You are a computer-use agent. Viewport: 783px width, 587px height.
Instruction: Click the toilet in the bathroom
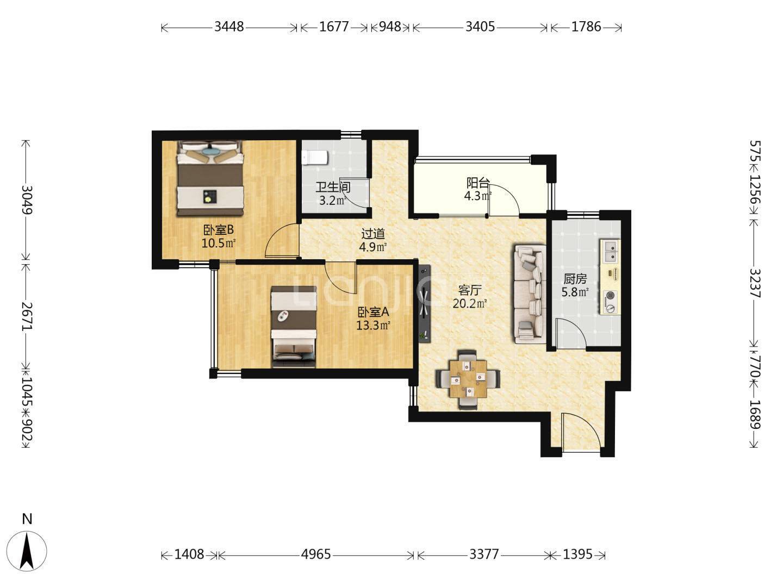[x=314, y=158]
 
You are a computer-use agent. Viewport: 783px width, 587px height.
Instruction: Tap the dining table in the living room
[x=468, y=379]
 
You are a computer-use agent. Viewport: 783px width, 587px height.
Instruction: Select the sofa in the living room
[x=530, y=293]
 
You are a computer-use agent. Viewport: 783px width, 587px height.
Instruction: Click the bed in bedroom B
[x=210, y=178]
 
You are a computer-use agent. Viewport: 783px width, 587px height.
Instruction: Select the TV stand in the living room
[x=424, y=304]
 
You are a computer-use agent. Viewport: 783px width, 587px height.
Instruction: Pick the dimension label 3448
[x=229, y=27]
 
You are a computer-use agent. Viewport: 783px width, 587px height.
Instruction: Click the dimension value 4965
[x=316, y=554]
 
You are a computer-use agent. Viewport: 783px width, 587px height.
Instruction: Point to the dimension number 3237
[x=755, y=283]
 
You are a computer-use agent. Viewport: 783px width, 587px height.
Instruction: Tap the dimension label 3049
[x=27, y=200]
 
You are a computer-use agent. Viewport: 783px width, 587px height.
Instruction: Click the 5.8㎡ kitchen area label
[x=575, y=292]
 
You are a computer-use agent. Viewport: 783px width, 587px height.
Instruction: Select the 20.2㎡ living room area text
[x=470, y=304]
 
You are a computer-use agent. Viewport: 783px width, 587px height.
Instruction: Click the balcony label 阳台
[x=477, y=183]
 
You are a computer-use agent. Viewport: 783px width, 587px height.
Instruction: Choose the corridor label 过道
[x=373, y=234]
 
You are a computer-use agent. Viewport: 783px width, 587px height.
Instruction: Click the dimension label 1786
[x=586, y=27]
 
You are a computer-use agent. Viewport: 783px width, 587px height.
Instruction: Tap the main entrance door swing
[x=581, y=433]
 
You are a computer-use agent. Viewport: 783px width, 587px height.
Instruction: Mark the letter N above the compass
[x=27, y=519]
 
